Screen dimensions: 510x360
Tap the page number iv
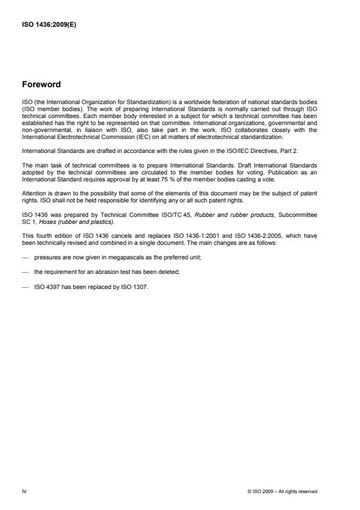click(x=24, y=491)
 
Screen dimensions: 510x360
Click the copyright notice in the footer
click(x=282, y=491)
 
